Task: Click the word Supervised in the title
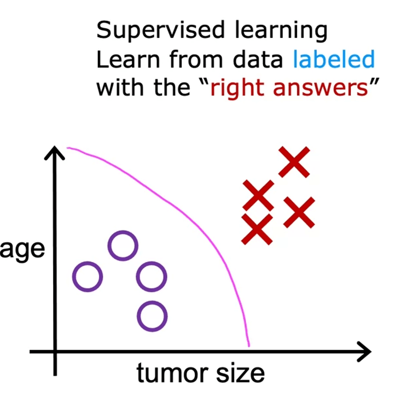tap(160, 30)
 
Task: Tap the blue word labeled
tap(334, 59)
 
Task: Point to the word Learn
tap(128, 59)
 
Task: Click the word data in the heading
tap(257, 59)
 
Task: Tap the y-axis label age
tap(22, 250)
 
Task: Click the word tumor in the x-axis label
tap(172, 373)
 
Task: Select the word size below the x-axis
tap(240, 373)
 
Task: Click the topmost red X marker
tap(294, 162)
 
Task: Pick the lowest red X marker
tap(257, 229)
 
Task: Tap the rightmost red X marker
tap(299, 212)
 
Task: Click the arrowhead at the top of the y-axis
tap(55, 147)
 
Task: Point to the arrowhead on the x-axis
tap(371, 352)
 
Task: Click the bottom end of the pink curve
tap(249, 346)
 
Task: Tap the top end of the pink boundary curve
tap(67, 148)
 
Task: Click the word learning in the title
tap(281, 31)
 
